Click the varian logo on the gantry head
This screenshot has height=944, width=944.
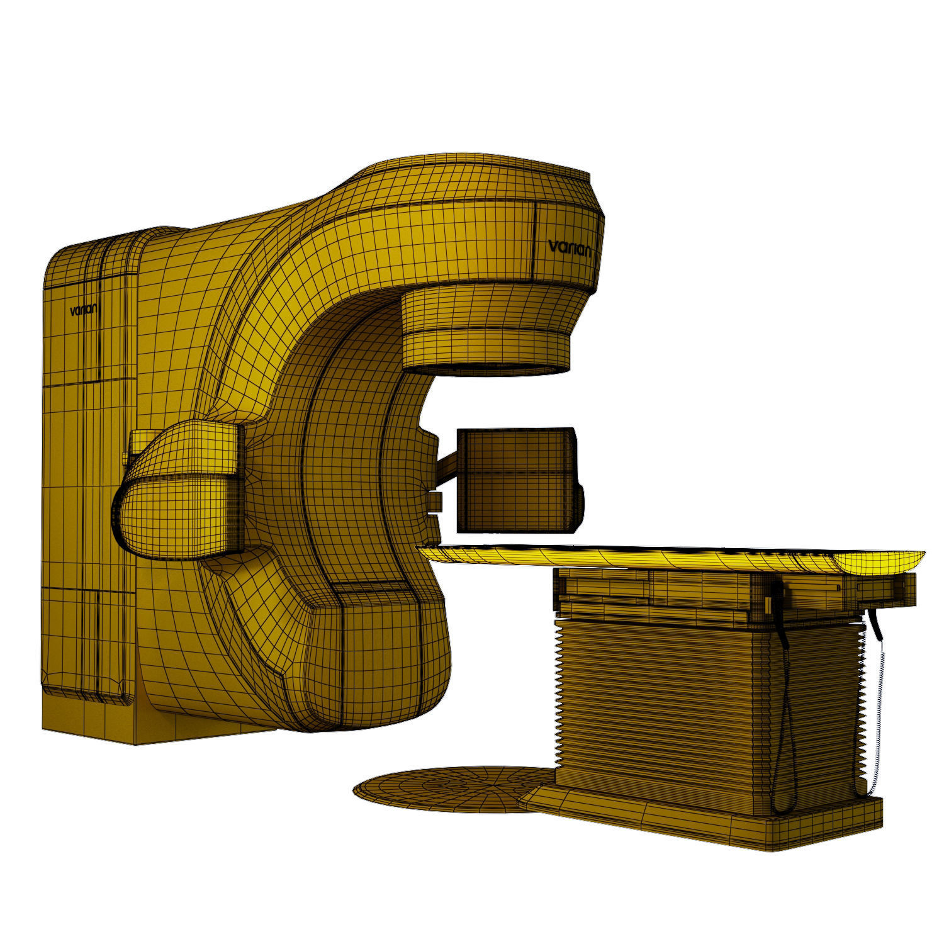[x=569, y=248]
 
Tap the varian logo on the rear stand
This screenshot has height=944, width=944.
[x=86, y=310]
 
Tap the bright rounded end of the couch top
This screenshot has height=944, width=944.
[x=881, y=560]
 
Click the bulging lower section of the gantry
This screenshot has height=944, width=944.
[x=378, y=661]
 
